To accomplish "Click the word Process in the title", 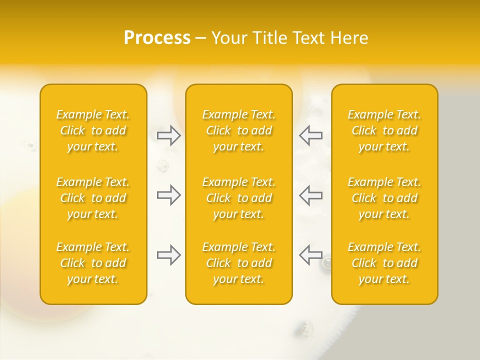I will [x=157, y=38].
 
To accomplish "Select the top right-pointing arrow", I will [x=169, y=135].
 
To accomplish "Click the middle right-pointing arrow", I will [x=169, y=195].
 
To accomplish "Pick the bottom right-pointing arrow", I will [x=169, y=255].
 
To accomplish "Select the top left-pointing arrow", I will [x=310, y=135].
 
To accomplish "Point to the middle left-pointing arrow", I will [x=310, y=195].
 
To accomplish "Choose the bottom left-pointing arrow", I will [x=310, y=255].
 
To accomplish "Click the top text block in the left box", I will [x=93, y=130].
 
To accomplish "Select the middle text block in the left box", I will [x=93, y=198].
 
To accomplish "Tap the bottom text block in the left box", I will [x=93, y=263].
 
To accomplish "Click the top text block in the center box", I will [x=239, y=130].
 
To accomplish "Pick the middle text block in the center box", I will [x=239, y=198].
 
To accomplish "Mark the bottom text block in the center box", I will [x=239, y=263].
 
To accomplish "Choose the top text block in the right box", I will [x=384, y=130].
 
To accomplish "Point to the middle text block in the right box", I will [x=384, y=198].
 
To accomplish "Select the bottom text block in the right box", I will [x=384, y=263].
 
